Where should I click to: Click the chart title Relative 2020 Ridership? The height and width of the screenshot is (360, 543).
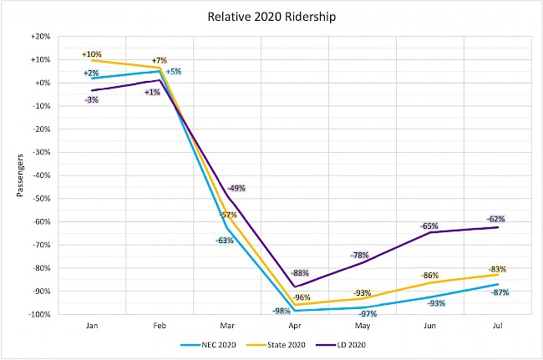[x=271, y=15]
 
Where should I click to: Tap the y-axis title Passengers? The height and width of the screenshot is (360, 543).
[x=20, y=175]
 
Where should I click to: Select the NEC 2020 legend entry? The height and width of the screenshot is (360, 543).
[x=208, y=343]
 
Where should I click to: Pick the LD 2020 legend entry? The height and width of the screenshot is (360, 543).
[x=343, y=343]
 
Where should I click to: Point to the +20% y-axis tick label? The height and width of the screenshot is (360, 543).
[x=39, y=37]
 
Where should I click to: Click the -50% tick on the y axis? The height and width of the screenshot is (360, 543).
[x=40, y=199]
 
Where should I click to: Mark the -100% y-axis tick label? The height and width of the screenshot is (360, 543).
[x=38, y=315]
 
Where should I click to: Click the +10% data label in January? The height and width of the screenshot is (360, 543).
[x=91, y=54]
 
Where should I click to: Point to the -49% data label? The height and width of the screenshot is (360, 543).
[x=236, y=188]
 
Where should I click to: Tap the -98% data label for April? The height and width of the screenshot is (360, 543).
[x=281, y=312]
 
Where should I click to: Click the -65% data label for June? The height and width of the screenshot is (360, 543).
[x=429, y=226]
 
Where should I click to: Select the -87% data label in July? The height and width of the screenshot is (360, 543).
[x=500, y=292]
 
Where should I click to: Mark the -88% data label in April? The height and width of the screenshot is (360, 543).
[x=301, y=273]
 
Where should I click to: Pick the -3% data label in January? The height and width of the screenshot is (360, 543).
[x=91, y=100]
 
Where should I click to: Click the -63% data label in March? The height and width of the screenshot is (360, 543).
[x=225, y=241]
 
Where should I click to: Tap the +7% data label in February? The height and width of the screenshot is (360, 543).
[x=159, y=60]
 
